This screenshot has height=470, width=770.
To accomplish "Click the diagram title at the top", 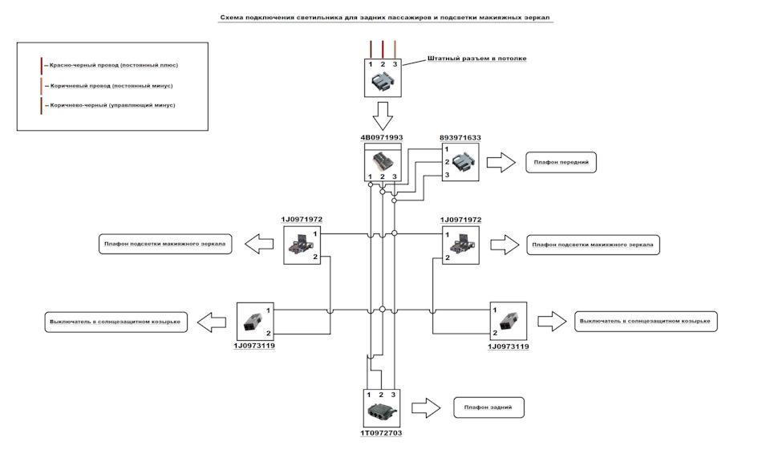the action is (386, 18).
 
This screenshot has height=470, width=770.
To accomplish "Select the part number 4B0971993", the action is (382, 137).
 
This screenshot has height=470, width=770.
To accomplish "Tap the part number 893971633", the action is (460, 137).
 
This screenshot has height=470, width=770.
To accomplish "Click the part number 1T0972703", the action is (381, 433).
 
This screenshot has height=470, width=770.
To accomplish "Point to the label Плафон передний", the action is (561, 162).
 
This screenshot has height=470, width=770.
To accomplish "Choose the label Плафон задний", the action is (488, 407).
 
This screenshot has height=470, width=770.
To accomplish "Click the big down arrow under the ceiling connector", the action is (383, 116).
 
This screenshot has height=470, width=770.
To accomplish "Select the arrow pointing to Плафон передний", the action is (500, 163).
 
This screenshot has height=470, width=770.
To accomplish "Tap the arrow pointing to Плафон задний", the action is (426, 407).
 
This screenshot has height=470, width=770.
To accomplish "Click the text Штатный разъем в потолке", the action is (476, 59).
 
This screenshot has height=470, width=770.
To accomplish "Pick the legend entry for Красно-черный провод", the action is (113, 65).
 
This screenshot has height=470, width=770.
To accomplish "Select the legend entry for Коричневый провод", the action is (111, 86).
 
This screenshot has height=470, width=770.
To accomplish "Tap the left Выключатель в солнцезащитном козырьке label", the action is (115, 322).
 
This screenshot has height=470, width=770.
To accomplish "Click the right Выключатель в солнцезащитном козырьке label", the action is (646, 321).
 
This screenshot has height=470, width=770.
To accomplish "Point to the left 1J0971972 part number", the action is (302, 220).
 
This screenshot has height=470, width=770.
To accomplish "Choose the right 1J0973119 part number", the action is (509, 346).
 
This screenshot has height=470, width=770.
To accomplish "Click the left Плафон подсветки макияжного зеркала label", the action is (165, 244).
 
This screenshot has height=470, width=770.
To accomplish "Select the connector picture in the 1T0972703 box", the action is (382, 411).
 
